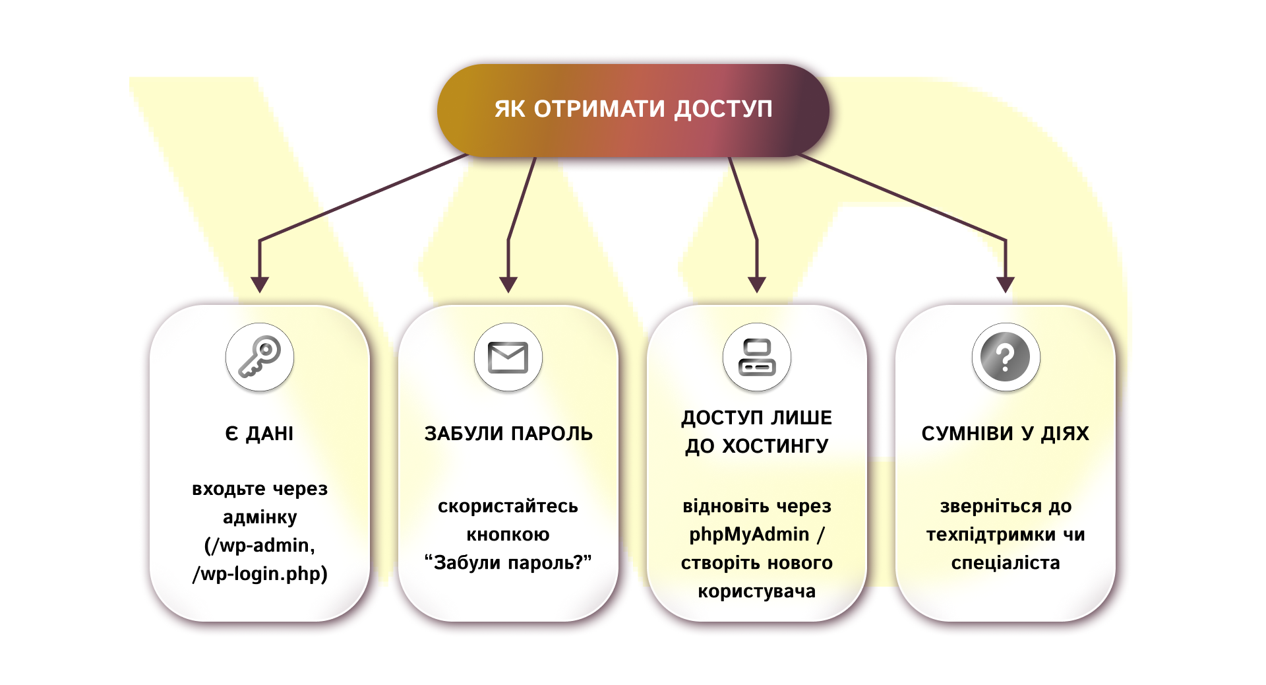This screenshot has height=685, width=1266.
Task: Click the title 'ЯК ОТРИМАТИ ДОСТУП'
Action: pos(633,109)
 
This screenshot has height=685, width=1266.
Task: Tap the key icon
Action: pos(260,357)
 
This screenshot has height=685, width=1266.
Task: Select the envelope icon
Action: pos(508,357)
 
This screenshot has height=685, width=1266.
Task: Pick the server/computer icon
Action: pos(757,357)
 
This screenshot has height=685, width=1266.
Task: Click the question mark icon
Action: pos(1006,357)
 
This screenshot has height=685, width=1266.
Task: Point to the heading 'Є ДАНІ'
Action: pos(260,434)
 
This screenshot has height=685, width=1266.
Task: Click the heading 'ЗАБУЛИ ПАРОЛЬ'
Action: pos(508,434)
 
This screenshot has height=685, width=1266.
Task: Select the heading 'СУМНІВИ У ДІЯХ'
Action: pos(1006,434)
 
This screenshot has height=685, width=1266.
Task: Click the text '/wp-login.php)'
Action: pos(260,573)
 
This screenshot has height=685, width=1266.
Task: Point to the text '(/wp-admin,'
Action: pos(260,545)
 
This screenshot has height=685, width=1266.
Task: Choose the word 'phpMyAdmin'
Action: pos(749,535)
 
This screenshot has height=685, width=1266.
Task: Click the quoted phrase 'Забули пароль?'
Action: pos(508,563)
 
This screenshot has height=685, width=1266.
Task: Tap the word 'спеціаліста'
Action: pos(1006,563)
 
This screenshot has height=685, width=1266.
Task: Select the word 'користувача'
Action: pos(757,591)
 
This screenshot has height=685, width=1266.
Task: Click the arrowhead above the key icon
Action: pos(260,284)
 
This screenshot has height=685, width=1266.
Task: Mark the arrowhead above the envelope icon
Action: pos(508,284)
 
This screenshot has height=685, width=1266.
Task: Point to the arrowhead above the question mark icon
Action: pos(1006,284)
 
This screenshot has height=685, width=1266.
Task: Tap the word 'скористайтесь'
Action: pos(508,506)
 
